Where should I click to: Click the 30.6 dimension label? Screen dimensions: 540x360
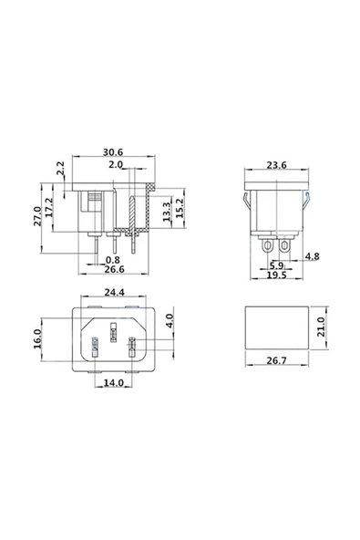click(113, 152)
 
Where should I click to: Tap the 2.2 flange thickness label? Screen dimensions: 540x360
click(61, 170)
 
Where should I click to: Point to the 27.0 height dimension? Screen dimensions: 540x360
click(37, 215)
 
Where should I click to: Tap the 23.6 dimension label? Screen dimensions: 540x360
click(275, 166)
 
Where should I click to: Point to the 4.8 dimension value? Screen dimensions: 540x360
click(313, 256)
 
